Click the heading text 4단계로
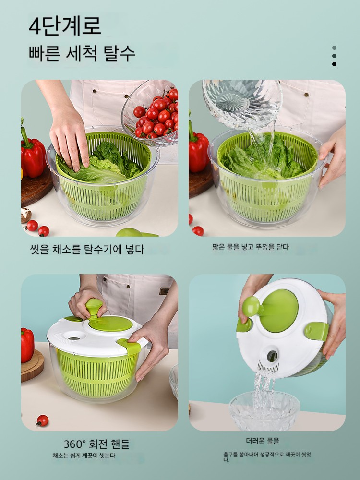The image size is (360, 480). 65,26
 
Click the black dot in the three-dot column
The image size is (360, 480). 334,64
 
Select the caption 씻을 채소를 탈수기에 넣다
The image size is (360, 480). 87,249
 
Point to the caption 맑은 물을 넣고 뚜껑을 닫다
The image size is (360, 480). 251,247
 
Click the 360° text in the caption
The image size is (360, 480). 75,444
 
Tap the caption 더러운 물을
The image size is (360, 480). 263,441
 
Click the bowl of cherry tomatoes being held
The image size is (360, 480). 150,114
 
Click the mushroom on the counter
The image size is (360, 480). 26,215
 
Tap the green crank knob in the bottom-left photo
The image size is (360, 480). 94,307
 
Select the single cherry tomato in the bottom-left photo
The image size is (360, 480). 42,420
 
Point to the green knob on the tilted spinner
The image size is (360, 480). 252,307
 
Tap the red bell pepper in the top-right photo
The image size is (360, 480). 198,147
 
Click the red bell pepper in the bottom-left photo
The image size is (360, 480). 27,345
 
